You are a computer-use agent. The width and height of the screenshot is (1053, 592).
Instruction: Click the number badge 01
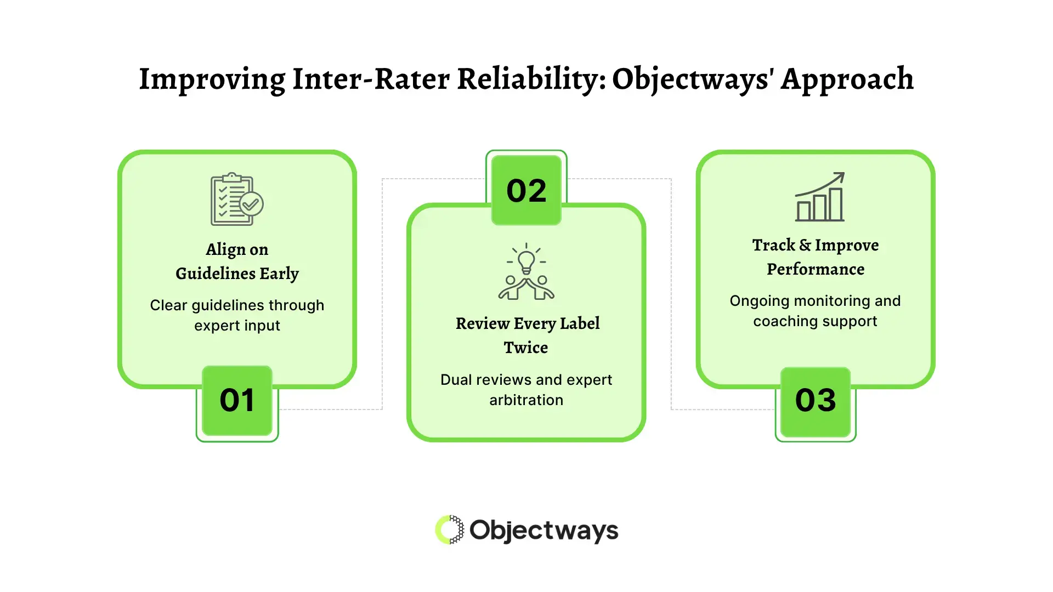coord(237,401)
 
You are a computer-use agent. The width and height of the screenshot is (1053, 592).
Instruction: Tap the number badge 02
coord(526,190)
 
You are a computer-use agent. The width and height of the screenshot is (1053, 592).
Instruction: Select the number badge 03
coord(816,401)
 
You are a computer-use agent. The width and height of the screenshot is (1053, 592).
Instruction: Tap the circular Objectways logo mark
coord(449,530)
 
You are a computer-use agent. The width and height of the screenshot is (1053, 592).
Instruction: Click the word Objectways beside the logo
coord(544,531)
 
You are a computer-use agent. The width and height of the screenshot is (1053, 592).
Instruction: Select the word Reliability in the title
coord(531,79)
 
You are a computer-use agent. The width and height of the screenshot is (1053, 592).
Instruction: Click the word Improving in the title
coord(212,79)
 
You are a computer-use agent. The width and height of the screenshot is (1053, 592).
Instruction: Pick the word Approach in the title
coord(847,79)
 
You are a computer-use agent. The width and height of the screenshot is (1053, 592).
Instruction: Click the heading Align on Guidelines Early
coord(237,261)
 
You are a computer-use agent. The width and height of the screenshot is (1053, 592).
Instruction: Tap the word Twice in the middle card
coord(526,348)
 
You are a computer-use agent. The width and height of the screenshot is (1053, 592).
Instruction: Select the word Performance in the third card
coord(816,269)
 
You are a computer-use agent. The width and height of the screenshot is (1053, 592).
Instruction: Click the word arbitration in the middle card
coord(526,400)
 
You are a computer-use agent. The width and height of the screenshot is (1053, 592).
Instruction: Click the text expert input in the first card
coord(237,326)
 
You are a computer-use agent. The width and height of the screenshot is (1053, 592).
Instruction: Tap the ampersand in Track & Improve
coord(805,245)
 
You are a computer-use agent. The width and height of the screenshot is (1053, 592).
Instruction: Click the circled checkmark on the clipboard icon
coord(251,204)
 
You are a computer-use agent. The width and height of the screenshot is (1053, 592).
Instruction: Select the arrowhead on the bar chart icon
coord(840,177)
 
